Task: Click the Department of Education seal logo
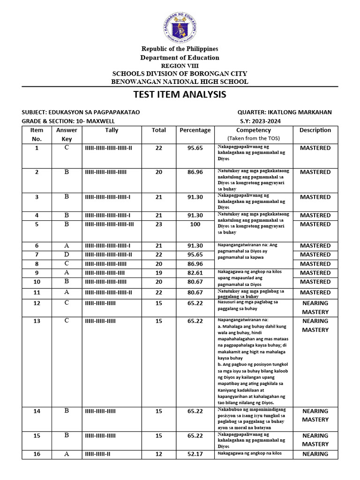(x=180, y=27)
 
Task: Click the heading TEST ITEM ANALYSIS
(x=180, y=95)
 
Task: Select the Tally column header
(x=112, y=130)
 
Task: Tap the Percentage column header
(x=195, y=130)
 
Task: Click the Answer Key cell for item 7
(x=67, y=255)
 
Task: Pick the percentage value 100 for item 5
(x=195, y=225)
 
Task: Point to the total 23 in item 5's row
(x=158, y=225)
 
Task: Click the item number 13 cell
(x=37, y=321)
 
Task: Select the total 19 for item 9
(x=158, y=273)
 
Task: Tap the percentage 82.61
(x=195, y=273)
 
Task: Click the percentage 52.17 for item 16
(x=195, y=454)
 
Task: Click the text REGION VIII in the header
(x=180, y=66)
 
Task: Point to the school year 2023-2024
(x=270, y=121)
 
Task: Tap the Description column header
(x=315, y=130)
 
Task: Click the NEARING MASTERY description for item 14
(x=315, y=415)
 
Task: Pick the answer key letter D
(x=67, y=255)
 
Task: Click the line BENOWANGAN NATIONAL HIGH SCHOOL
(x=180, y=82)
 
